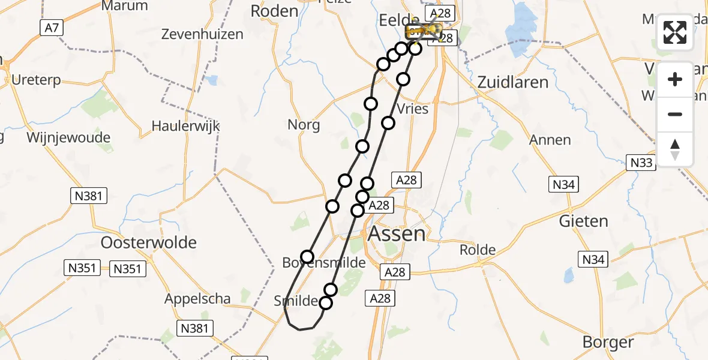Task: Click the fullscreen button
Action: (675, 32)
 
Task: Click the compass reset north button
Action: (675, 149)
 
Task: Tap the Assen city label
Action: (396, 233)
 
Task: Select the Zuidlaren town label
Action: (514, 82)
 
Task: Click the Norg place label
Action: (304, 125)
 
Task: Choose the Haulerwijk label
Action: (185, 126)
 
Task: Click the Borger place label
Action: (608, 342)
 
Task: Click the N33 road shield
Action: (641, 162)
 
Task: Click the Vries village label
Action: (413, 109)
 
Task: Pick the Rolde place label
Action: (478, 250)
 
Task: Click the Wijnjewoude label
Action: (68, 137)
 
